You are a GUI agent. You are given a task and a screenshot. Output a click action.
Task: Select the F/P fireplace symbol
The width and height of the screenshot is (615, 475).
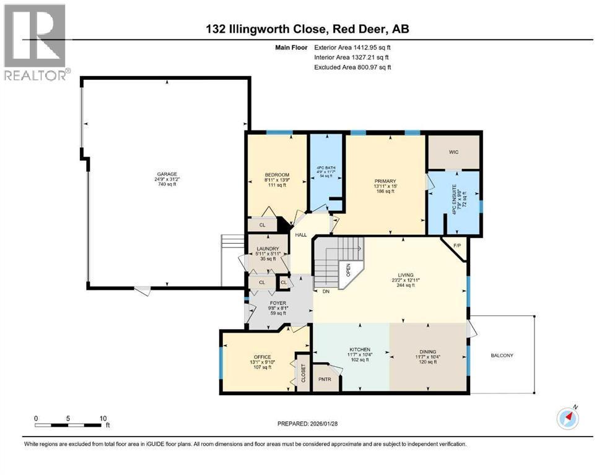click(x=458, y=246)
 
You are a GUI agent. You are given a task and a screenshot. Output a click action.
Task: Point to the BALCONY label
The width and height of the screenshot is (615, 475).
click(x=502, y=355)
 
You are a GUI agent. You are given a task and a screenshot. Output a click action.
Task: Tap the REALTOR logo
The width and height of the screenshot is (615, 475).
click(x=35, y=43)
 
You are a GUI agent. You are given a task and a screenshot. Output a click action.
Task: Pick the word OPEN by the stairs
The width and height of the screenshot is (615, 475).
click(x=349, y=269)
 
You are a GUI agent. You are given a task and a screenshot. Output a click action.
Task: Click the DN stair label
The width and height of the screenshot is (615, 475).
click(x=325, y=291)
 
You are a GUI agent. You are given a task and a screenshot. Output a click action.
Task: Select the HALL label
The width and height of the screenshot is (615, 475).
click(x=301, y=235)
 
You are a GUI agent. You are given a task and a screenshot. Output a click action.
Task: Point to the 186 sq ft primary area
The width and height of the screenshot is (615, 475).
click(x=385, y=192)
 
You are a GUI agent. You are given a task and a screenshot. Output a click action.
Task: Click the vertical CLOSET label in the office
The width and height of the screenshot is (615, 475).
click(x=303, y=374)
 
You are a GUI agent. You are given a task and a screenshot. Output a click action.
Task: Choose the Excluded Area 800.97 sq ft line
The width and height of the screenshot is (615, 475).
click(x=352, y=67)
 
